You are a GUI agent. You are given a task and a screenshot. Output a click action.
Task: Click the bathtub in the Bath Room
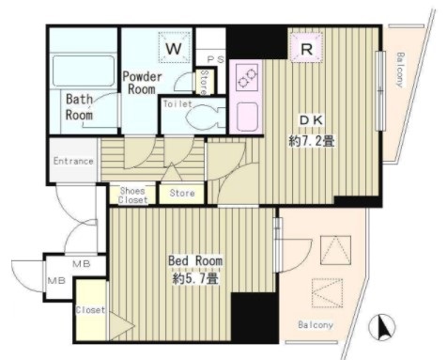click(84, 70)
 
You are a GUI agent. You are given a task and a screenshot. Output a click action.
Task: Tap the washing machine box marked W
click(174, 48)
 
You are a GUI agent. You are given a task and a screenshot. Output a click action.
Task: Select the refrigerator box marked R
click(306, 48)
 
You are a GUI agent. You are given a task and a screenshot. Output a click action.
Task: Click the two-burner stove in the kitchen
click(247, 77)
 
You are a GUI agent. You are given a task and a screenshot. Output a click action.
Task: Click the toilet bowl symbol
click(205, 118)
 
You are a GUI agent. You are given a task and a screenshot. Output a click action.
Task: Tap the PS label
click(216, 59)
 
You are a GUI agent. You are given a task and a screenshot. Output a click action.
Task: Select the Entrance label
click(73, 161)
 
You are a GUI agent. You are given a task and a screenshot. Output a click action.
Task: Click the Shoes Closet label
click(132, 195)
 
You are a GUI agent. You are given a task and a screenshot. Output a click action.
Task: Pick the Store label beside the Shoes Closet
click(182, 193)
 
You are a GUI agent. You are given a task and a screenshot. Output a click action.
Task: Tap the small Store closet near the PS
click(205, 82)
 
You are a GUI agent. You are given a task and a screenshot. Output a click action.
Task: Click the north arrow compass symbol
click(382, 327)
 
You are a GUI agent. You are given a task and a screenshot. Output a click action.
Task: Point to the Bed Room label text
click(195, 260)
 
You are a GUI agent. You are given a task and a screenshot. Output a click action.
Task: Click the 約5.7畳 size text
click(195, 278)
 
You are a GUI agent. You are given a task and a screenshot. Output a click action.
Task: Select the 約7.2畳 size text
click(312, 141)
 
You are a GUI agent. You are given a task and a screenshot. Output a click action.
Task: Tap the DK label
click(311, 120)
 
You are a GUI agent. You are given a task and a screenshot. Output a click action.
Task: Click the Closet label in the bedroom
click(90, 310)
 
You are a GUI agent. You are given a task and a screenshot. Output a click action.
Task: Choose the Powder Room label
click(142, 83)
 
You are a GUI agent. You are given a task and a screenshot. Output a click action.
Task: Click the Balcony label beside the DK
click(400, 70)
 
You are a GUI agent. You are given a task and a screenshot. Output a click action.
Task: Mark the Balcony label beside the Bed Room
click(316, 324)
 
